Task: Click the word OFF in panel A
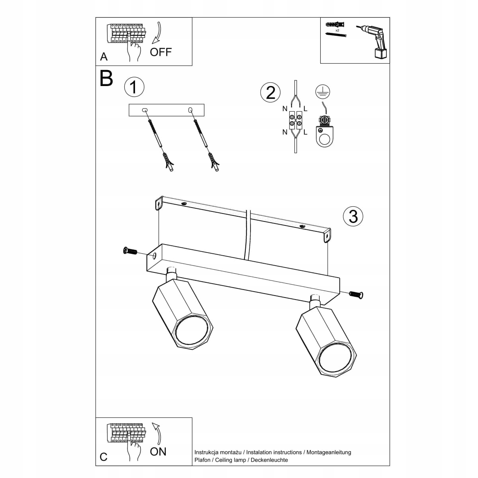[x=161, y=52]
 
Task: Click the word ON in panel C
[x=158, y=451]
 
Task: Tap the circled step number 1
[x=134, y=87]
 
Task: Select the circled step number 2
[x=270, y=92]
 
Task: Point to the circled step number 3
[x=353, y=216]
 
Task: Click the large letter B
[x=106, y=78]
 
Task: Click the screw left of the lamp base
[x=130, y=251]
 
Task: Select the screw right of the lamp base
[x=357, y=294]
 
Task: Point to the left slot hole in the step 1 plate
[x=145, y=110]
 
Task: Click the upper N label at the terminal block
[x=284, y=108]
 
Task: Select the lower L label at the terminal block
[x=306, y=132]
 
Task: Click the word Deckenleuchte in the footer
[x=270, y=460]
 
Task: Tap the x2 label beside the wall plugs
[x=337, y=30]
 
